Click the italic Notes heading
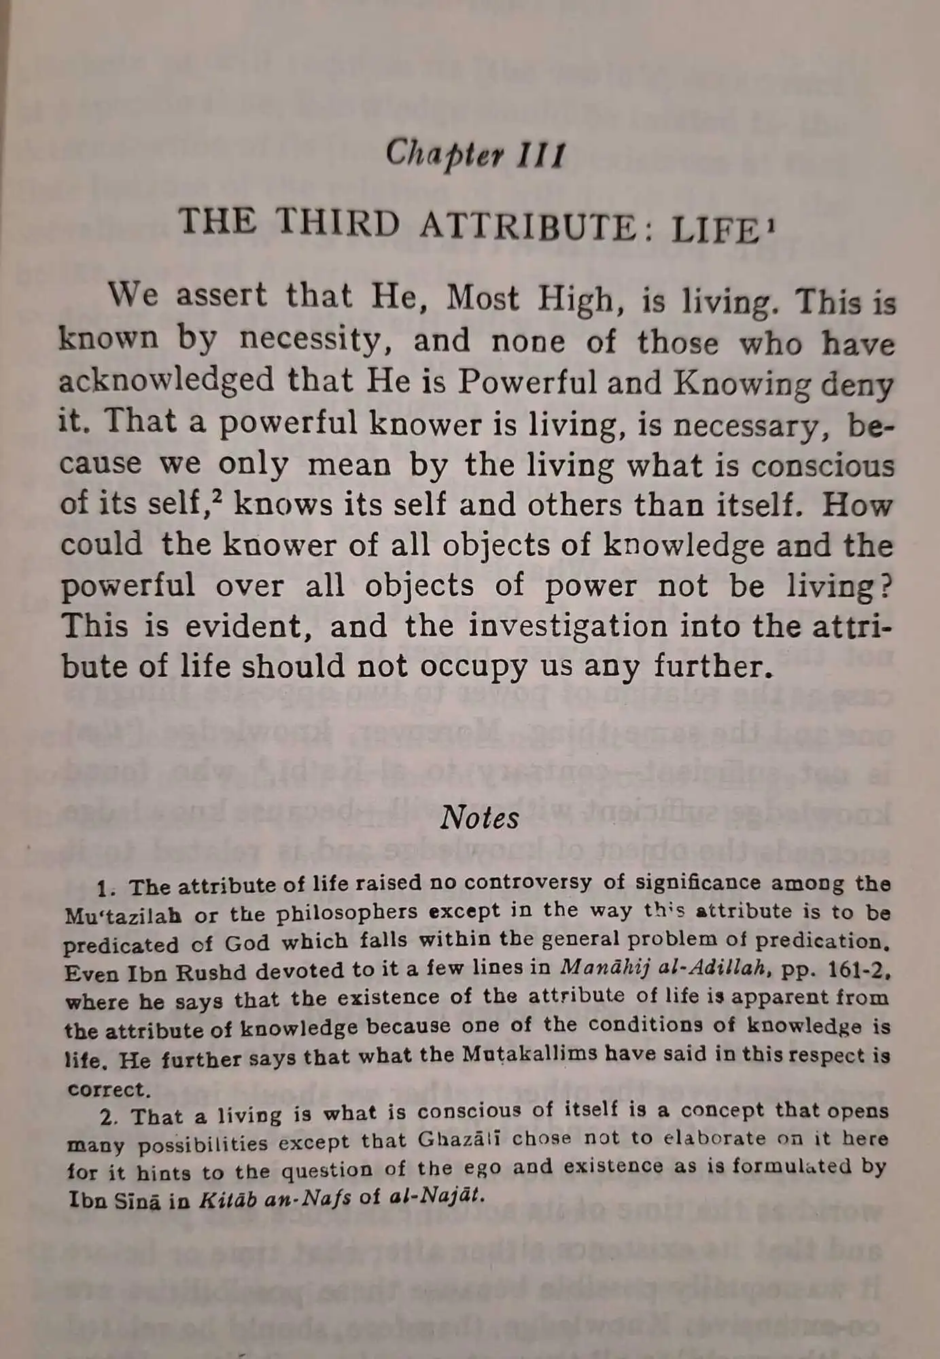[479, 817]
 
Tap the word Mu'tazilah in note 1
[124, 916]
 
